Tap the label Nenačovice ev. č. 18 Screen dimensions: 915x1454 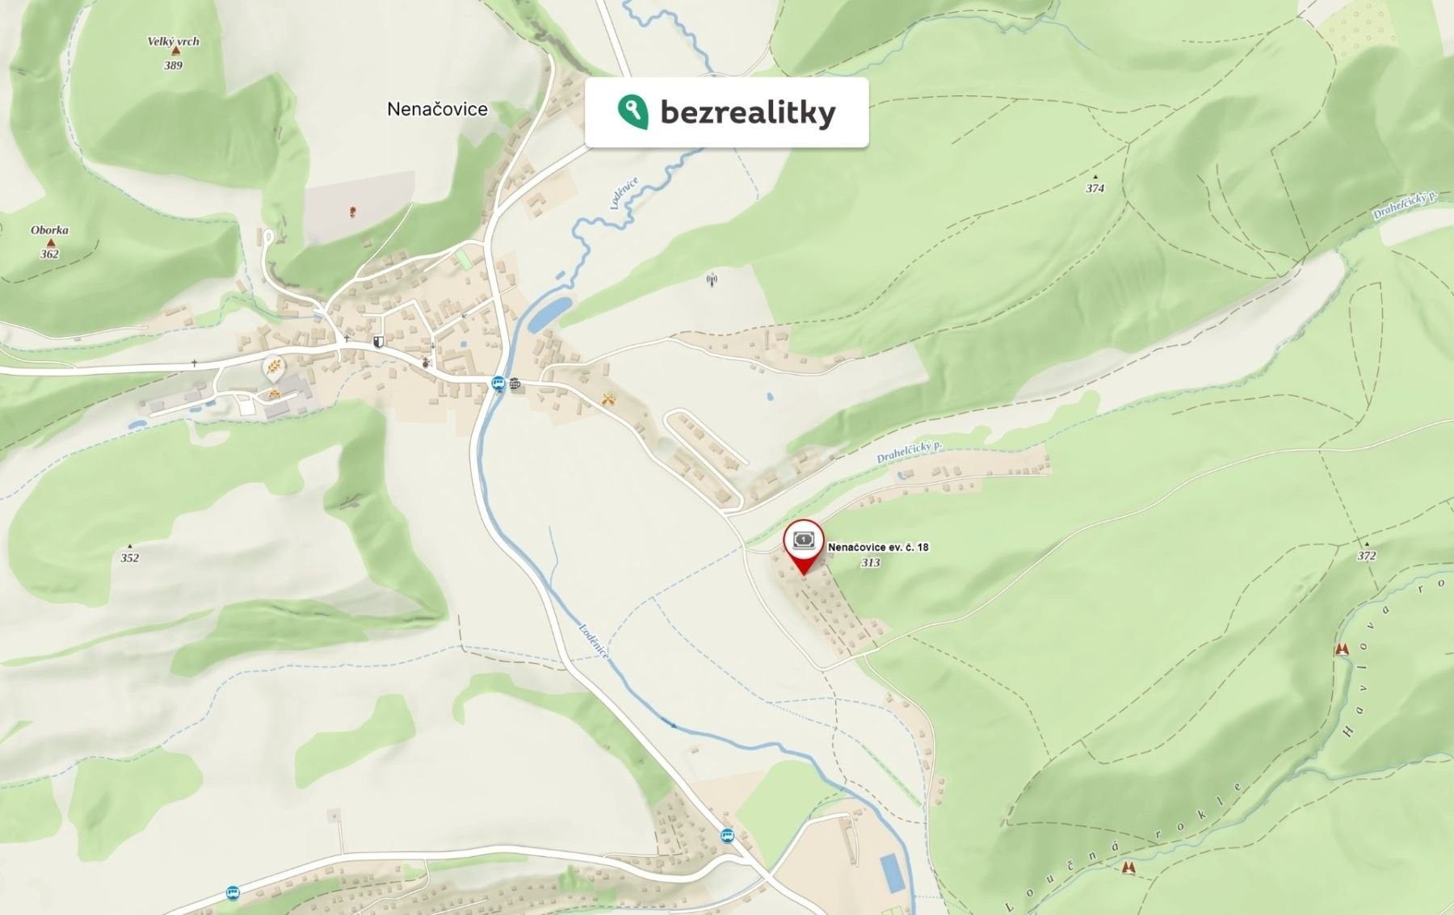pos(878,547)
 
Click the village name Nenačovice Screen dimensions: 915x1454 pos(437,109)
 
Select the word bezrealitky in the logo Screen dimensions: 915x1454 pos(747,113)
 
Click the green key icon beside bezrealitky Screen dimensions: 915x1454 pos(632,111)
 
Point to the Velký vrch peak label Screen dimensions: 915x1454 pos(173,42)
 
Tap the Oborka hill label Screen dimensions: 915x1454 pos(49,230)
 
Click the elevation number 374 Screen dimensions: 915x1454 pos(1095,188)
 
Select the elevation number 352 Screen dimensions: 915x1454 pos(129,557)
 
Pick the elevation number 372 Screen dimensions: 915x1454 pos(1366,556)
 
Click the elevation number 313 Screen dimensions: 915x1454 pos(870,562)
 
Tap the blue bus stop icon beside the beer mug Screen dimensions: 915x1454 pos(498,384)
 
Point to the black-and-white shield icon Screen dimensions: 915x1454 pos(377,342)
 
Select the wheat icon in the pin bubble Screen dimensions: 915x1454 pos(275,367)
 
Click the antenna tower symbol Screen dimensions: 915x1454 pos(712,280)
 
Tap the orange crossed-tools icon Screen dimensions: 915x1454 pos(610,399)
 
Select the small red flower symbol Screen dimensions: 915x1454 pos(352,212)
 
